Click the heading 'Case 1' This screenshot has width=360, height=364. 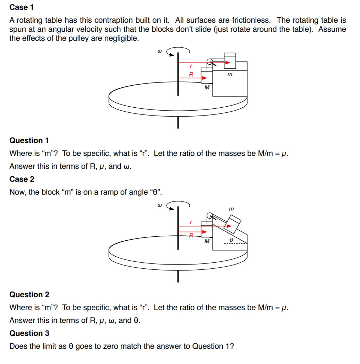pyautogui.click(x=22, y=7)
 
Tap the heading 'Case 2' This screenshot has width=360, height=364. pyautogui.click(x=22, y=179)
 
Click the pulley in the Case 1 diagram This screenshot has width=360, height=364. pyautogui.click(x=210, y=63)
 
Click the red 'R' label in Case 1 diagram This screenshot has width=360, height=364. pyautogui.click(x=191, y=75)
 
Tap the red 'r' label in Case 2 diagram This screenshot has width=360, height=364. pyautogui.click(x=191, y=222)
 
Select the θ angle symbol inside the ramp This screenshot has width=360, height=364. pyautogui.click(x=231, y=240)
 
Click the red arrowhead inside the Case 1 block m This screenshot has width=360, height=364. pyautogui.click(x=228, y=63)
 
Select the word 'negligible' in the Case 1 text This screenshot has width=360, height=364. pyautogui.click(x=121, y=38)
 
